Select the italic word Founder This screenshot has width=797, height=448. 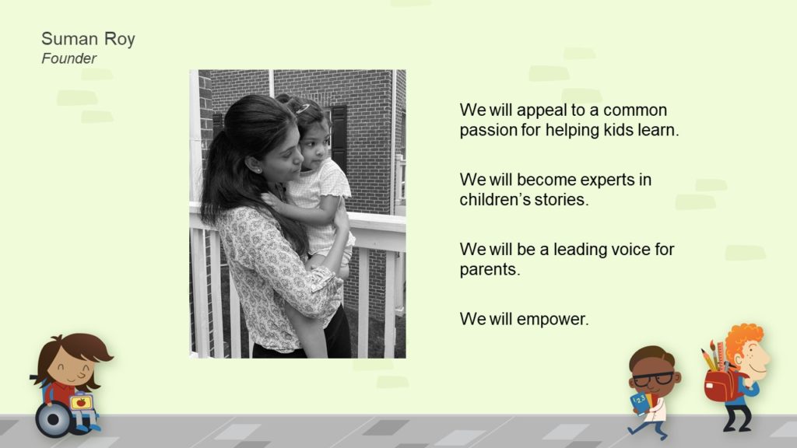point(68,58)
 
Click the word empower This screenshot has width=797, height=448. point(553,320)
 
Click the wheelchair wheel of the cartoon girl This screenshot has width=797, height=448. point(53,419)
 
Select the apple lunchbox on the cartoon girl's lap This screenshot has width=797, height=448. point(81,403)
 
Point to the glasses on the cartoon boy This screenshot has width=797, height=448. point(655,379)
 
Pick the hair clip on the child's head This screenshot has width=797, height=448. point(303,108)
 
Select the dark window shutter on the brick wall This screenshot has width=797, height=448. point(339,135)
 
